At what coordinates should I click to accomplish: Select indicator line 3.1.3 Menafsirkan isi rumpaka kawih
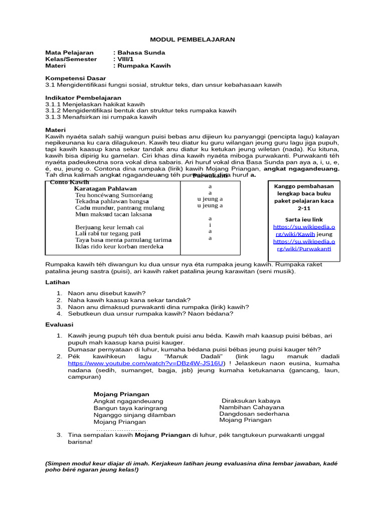click(101, 117)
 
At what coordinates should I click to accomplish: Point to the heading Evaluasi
click(60, 325)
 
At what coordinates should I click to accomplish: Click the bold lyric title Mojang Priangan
click(121, 394)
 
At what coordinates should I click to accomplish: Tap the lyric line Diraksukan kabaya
click(251, 401)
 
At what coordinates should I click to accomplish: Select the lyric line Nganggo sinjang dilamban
click(134, 415)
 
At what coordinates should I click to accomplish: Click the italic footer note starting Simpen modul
click(191, 467)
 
